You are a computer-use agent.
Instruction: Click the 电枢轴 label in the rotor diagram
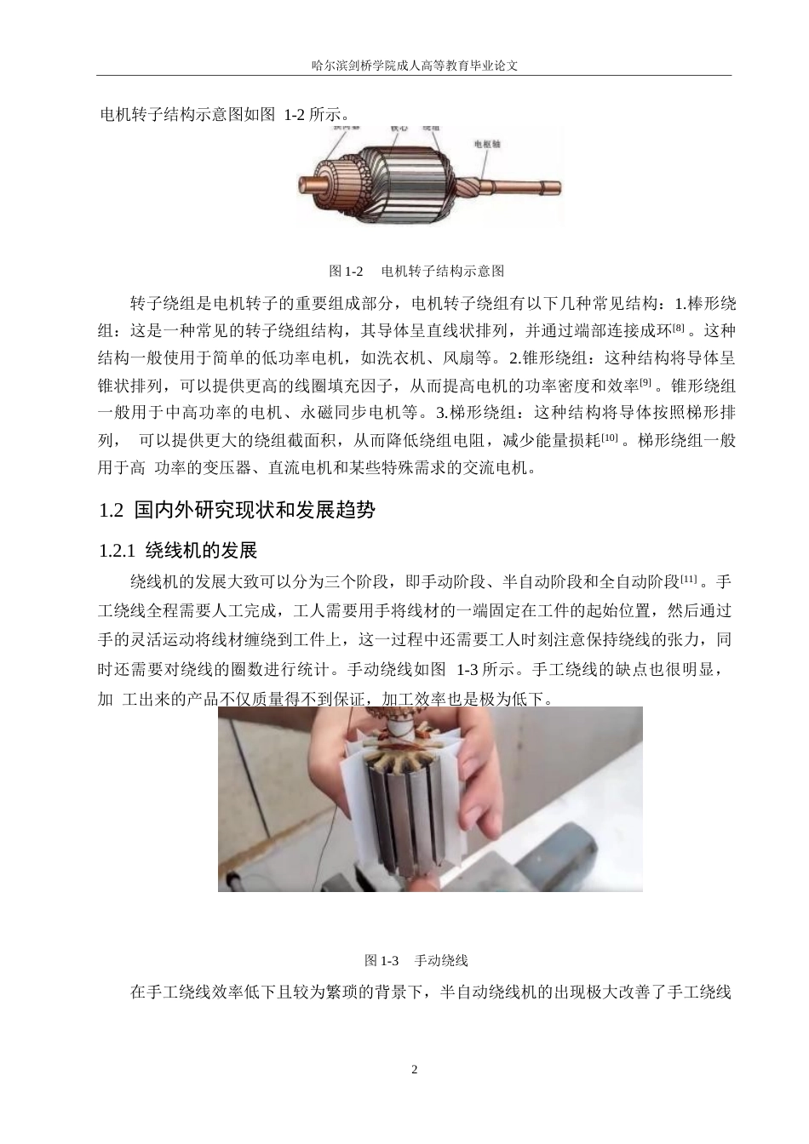click(x=487, y=144)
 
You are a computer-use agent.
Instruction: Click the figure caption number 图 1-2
click(x=347, y=272)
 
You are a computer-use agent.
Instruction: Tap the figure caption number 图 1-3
click(x=382, y=961)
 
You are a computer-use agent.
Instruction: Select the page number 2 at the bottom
click(x=415, y=1069)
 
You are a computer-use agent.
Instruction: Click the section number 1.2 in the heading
click(x=112, y=511)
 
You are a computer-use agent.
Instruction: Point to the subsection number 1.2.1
click(x=118, y=551)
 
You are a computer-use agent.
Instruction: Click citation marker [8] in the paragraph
click(x=678, y=328)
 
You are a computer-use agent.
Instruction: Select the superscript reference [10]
click(x=609, y=438)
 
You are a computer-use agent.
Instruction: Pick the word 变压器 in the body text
click(x=221, y=467)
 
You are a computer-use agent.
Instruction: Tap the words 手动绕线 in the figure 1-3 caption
click(x=441, y=961)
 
